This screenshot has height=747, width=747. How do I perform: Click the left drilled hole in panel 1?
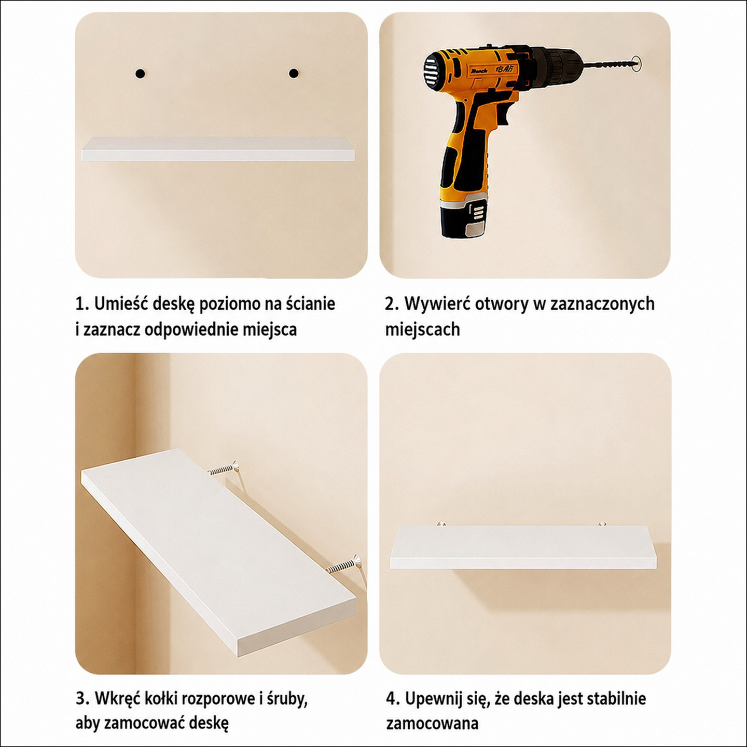click(x=140, y=73)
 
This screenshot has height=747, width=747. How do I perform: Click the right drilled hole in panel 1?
click(x=294, y=73)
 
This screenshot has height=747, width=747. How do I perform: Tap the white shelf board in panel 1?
click(x=218, y=149)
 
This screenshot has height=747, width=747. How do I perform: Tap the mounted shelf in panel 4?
click(x=522, y=547)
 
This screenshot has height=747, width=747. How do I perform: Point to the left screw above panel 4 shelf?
click(x=439, y=524)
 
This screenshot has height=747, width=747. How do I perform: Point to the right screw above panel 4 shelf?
click(x=602, y=524)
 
